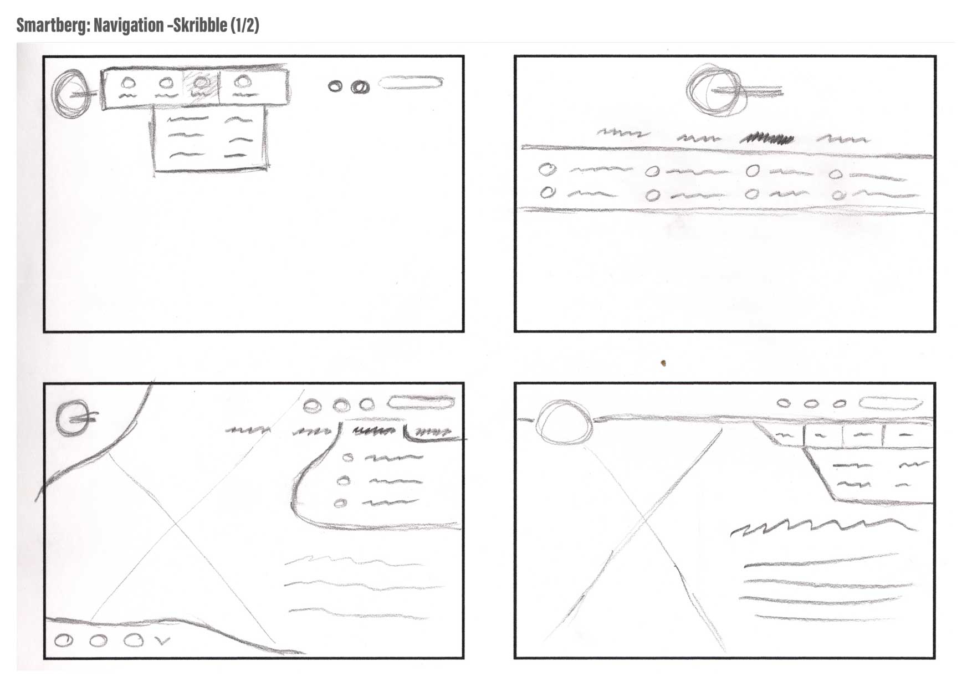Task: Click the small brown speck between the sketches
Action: tap(663, 363)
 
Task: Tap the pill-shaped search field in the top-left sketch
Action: tap(411, 83)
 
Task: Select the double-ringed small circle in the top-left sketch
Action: tap(361, 86)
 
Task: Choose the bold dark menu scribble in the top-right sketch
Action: tap(768, 139)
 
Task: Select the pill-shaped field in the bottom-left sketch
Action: tap(422, 402)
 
